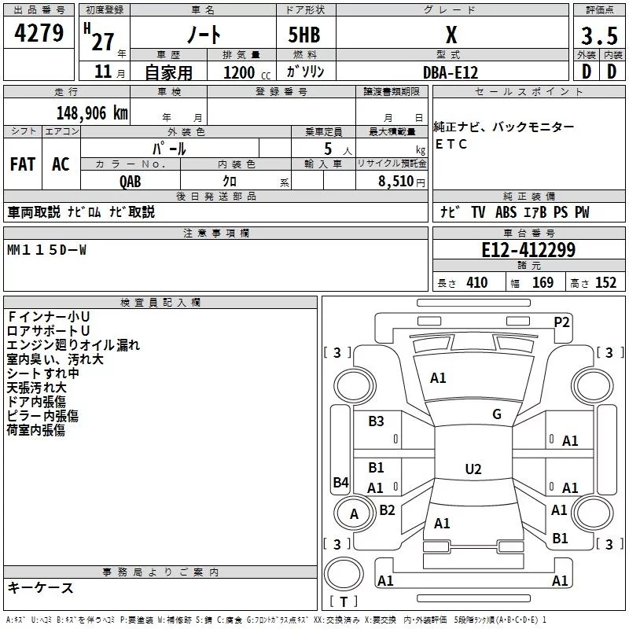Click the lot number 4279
pyautogui.click(x=39, y=33)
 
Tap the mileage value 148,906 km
pyautogui.click(x=92, y=112)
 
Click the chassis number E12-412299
pyautogui.click(x=528, y=250)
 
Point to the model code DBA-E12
pyautogui.click(x=451, y=72)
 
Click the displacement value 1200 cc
pyautogui.click(x=240, y=72)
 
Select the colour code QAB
pyautogui.click(x=131, y=180)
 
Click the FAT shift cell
pyautogui.click(x=23, y=164)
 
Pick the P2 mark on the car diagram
pyautogui.click(x=562, y=321)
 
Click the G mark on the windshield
pyautogui.click(x=497, y=414)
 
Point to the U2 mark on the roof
pyautogui.click(x=473, y=469)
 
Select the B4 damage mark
pyautogui.click(x=340, y=482)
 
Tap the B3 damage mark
pyautogui.click(x=377, y=421)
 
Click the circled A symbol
pyautogui.click(x=354, y=514)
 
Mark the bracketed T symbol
pyautogui.click(x=344, y=602)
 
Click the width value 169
pyautogui.click(x=543, y=282)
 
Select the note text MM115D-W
pyautogui.click(x=47, y=250)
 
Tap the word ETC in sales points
pyautogui.click(x=451, y=144)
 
